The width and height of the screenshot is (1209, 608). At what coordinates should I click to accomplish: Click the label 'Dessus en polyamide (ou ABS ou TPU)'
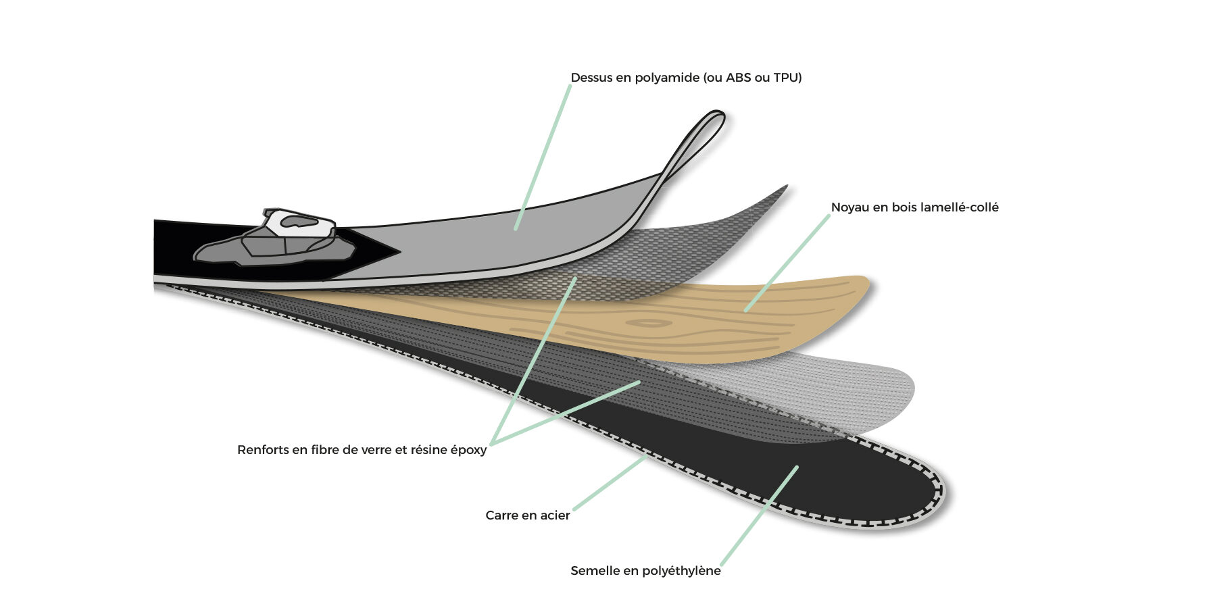[x=686, y=78]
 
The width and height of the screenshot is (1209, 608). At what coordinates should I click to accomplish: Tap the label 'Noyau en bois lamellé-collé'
[x=914, y=207]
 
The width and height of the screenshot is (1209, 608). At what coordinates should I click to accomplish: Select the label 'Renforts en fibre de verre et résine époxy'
[x=362, y=450]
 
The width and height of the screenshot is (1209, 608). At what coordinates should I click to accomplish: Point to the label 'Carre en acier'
[x=528, y=515]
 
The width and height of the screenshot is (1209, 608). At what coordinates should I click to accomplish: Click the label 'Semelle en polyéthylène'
[x=645, y=571]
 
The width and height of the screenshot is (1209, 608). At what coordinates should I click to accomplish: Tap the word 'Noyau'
[x=850, y=208]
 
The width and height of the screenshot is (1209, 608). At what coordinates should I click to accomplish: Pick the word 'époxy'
[x=468, y=451]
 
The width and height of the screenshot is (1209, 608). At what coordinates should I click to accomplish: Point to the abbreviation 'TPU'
[x=787, y=78]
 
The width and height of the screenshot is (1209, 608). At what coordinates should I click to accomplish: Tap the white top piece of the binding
[x=299, y=222]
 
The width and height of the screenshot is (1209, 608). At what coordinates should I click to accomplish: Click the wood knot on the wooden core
[x=649, y=323]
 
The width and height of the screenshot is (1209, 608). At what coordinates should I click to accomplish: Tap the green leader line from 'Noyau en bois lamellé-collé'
[x=787, y=263]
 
